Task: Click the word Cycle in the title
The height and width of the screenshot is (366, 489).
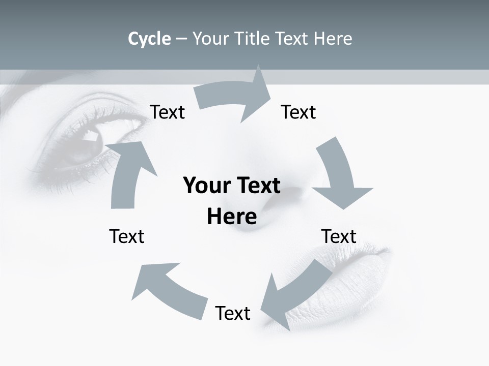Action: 149,39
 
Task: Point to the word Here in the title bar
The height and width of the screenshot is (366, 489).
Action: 334,39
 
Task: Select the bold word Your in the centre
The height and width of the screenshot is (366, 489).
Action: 206,186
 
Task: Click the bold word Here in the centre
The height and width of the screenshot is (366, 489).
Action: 232,217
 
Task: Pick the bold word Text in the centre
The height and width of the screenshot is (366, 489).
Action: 257,186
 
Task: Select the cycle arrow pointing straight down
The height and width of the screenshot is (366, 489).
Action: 340,175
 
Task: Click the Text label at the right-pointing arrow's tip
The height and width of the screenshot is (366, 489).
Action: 298,112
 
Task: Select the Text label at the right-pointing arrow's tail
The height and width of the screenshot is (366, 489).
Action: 167,112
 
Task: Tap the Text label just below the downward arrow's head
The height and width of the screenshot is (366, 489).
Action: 339,236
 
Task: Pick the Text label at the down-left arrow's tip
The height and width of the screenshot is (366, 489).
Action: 233,313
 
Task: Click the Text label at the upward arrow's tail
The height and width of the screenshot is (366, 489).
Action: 127,236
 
